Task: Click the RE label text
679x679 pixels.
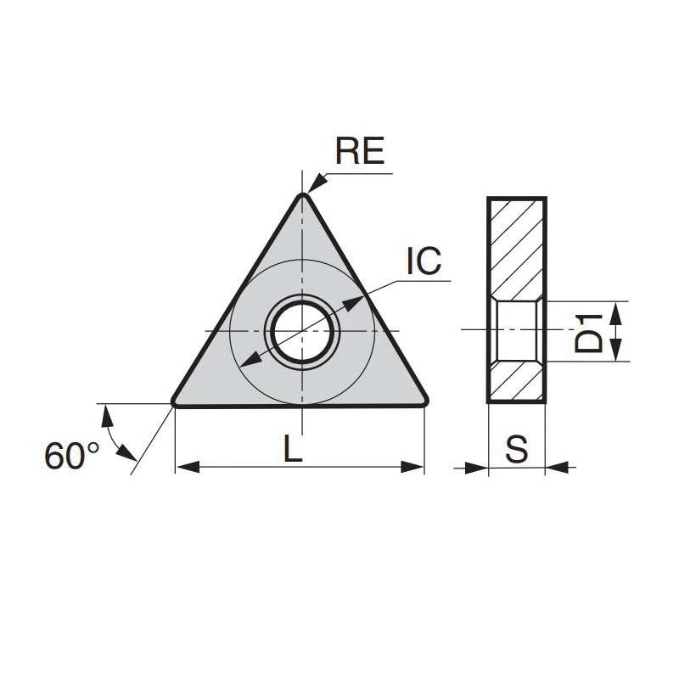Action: pyautogui.click(x=360, y=152)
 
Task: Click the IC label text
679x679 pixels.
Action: pyautogui.click(x=424, y=261)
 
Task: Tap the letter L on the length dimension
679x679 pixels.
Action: pyautogui.click(x=293, y=448)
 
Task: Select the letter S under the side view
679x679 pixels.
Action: pyautogui.click(x=517, y=448)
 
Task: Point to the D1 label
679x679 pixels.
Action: pyautogui.click(x=588, y=333)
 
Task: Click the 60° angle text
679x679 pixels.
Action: pyautogui.click(x=72, y=456)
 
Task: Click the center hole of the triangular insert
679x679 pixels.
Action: pyautogui.click(x=302, y=332)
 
